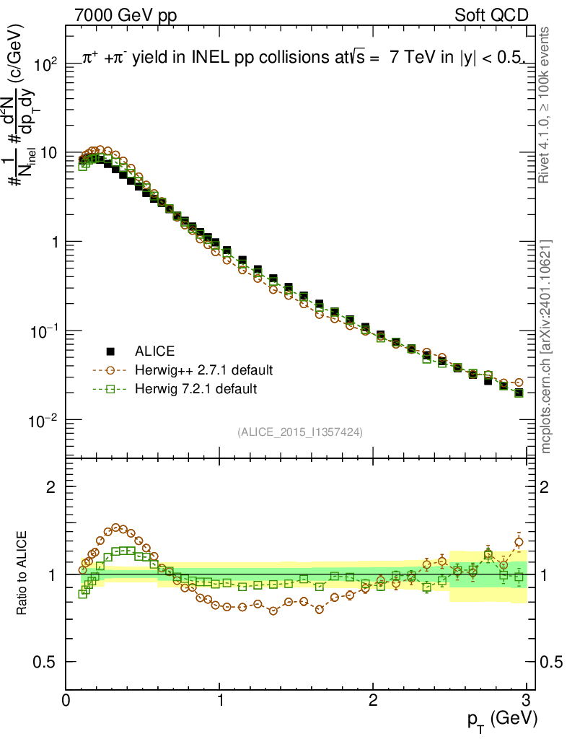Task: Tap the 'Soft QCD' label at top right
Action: (x=491, y=15)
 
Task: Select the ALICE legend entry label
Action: (x=154, y=351)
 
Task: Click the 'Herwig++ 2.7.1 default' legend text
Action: (x=203, y=370)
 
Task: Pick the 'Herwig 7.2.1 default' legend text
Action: (x=195, y=389)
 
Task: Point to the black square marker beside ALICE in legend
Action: (x=110, y=351)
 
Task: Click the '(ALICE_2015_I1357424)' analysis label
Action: (x=299, y=432)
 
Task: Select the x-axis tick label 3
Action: (x=527, y=699)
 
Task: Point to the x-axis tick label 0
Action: (x=66, y=699)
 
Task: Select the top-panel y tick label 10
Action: (x=48, y=153)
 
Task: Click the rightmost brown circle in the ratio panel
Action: (x=519, y=542)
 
